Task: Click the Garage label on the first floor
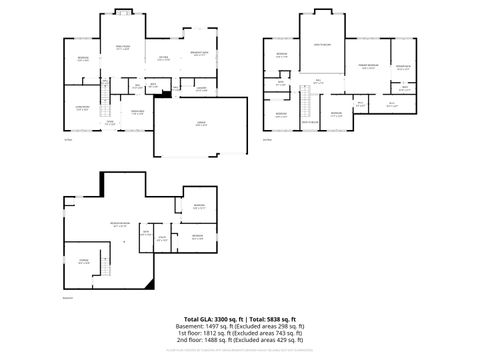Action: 201,125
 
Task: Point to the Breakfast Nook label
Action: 199,54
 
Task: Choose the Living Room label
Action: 83,106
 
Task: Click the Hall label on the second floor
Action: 318,80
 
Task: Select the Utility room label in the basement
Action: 160,238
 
